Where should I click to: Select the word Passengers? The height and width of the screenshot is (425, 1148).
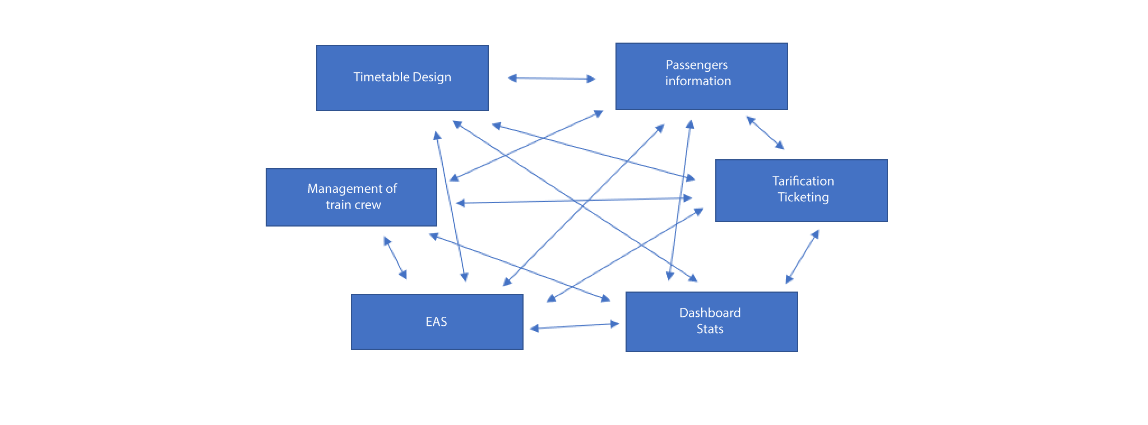[x=697, y=65]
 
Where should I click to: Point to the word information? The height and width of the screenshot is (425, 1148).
[x=698, y=81]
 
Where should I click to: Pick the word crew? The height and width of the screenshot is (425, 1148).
[x=368, y=205]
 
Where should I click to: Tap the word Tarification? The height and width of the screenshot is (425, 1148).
[x=803, y=181]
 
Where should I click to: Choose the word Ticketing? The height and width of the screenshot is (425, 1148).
[x=803, y=197]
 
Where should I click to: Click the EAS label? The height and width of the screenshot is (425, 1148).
[x=436, y=322]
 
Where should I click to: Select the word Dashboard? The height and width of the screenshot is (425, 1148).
[x=710, y=313]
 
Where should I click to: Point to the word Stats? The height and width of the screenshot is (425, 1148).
[x=710, y=329]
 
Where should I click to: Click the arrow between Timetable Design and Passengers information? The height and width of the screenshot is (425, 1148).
[x=551, y=78]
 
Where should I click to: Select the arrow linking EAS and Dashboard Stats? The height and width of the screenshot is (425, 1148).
[x=574, y=326]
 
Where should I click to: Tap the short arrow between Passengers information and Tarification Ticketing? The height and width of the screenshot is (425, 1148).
[x=765, y=132]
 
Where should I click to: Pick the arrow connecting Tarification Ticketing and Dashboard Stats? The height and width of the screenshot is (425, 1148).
[x=802, y=256]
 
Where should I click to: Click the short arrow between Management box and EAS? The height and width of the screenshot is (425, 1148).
[x=395, y=257]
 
